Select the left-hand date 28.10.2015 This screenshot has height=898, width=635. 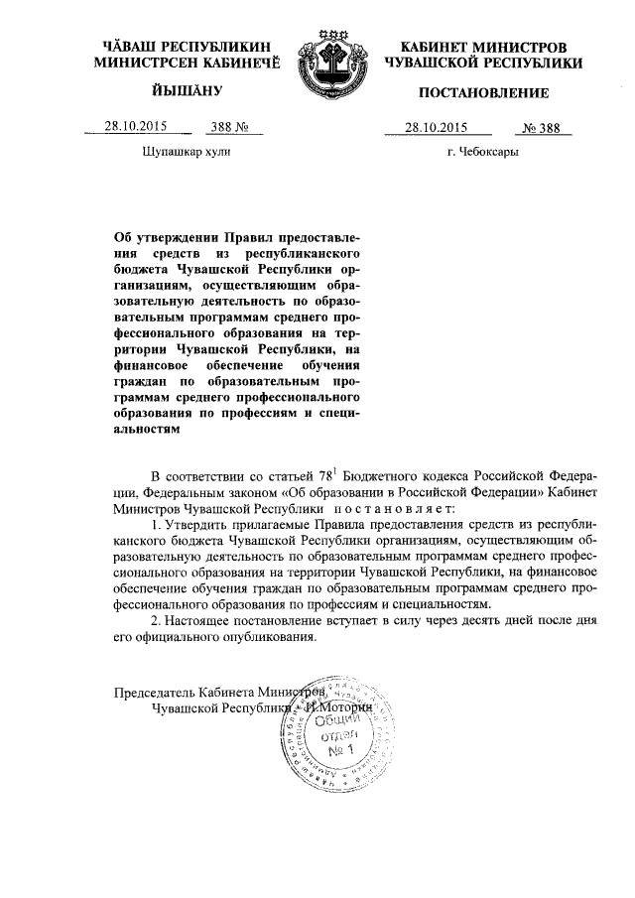pos(136,126)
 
